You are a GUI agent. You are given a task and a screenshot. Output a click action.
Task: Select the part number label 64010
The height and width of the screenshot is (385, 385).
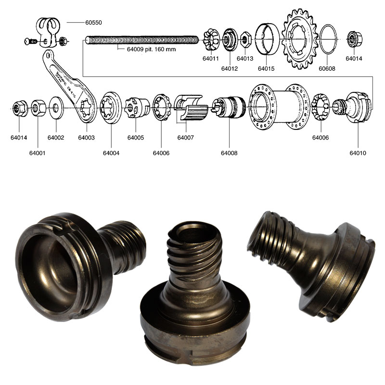point(358,153)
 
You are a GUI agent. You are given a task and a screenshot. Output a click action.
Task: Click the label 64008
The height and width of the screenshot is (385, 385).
point(229,153)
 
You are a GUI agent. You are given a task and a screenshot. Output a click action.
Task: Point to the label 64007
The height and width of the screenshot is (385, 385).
point(185,138)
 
